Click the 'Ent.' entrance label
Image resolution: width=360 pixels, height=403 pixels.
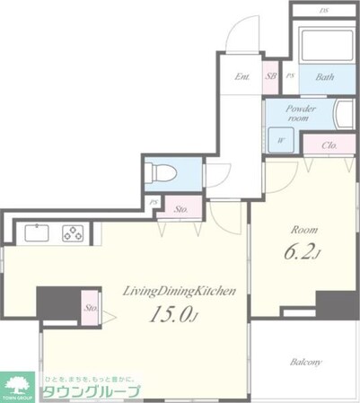coord(242,77)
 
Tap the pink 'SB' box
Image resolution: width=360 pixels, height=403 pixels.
coord(270,77)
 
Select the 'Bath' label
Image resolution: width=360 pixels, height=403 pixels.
coord(325,77)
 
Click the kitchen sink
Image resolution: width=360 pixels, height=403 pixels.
coord(37,232)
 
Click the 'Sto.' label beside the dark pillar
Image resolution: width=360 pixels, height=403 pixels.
coord(91,308)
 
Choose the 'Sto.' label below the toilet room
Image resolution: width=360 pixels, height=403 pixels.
coord(181,210)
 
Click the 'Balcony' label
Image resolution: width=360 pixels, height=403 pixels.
coord(307,363)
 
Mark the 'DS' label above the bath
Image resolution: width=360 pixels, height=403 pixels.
coord(323,12)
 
